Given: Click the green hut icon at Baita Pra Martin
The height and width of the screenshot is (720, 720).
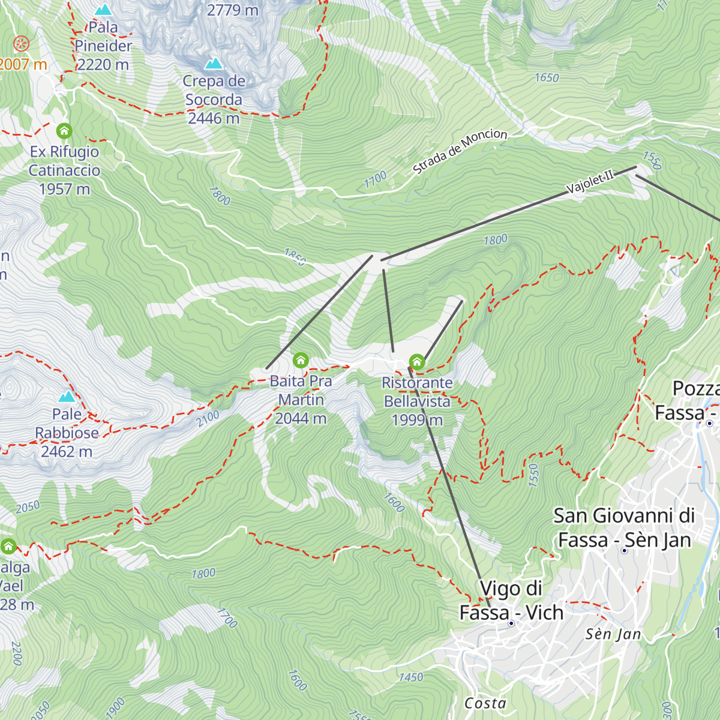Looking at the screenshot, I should pos(301,360).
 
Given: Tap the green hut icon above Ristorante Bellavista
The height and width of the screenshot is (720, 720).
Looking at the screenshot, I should pos(417,361).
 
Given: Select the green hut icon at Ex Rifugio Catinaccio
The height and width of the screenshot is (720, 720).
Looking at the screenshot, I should pos(64,130).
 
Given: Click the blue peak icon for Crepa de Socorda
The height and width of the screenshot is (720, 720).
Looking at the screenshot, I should pos(214,63).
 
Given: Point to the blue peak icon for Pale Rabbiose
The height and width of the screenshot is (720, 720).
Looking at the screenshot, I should pos(67,397).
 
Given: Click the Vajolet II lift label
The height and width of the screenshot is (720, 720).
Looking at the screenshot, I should pos(590,181).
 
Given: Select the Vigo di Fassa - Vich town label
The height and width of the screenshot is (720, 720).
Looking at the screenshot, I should pos(511,600).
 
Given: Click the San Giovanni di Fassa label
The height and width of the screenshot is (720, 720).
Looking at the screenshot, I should pos(624,527).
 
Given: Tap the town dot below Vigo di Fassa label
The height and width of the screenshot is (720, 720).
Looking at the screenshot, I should pos(511,623).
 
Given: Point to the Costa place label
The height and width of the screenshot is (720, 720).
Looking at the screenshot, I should pos(485,703).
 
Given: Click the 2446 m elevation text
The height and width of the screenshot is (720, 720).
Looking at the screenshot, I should pos(214,118).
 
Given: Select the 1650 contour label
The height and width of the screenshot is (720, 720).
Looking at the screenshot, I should pos(547,77).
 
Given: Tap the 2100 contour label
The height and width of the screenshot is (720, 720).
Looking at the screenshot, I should pos(208,418).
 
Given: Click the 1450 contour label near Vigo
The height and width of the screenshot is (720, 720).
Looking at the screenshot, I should pos(411,677).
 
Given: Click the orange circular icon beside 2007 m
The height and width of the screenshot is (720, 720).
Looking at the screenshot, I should pos(22,43).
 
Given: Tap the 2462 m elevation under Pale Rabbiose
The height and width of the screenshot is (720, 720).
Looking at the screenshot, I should pos(67,451).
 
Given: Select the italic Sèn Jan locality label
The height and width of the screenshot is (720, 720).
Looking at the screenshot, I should pos(613,634).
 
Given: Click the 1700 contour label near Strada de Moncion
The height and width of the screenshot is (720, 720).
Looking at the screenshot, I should pos(376,179).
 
